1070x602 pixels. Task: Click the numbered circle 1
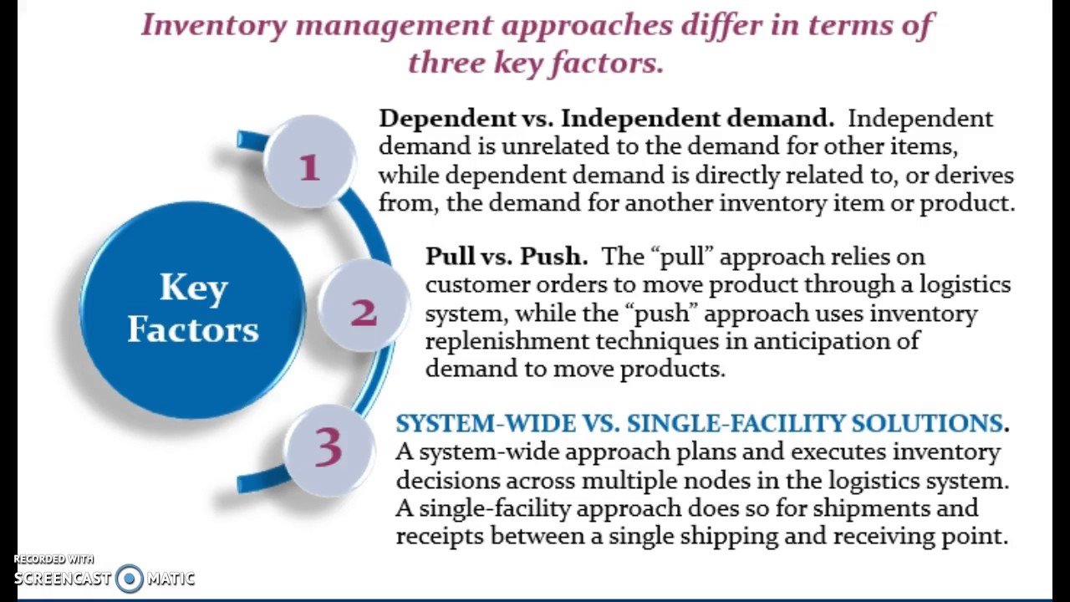[x=309, y=161]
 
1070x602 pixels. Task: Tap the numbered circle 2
[x=364, y=306]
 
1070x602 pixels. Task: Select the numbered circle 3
[x=329, y=450]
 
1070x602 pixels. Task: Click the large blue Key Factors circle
[x=192, y=309]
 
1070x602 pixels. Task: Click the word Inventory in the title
[x=213, y=25]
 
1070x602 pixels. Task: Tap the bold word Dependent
[x=446, y=119]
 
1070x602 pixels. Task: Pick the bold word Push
[x=553, y=256]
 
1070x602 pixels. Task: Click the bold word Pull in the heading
[x=449, y=256]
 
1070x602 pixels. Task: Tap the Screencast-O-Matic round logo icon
[x=129, y=579]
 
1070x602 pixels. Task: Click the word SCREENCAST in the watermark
[x=63, y=579]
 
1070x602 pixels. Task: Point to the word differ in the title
[x=721, y=25]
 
